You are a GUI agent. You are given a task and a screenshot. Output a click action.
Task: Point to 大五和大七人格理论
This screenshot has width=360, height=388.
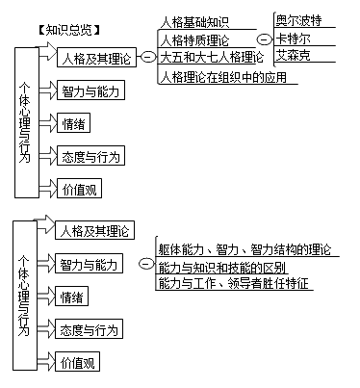[211, 58]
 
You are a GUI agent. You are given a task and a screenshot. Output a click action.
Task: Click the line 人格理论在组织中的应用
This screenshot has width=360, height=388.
[223, 77]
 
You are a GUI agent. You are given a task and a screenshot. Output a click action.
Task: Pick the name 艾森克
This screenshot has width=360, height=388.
[295, 58]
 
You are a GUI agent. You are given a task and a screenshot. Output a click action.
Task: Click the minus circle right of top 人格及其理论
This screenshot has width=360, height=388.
[147, 59]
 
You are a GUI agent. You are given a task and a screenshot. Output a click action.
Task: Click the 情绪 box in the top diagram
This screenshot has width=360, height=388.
[75, 123]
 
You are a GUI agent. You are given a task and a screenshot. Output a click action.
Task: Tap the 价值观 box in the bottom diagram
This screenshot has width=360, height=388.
[78, 363]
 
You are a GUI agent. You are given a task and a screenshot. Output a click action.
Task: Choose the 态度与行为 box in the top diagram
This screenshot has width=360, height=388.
[89, 156]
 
